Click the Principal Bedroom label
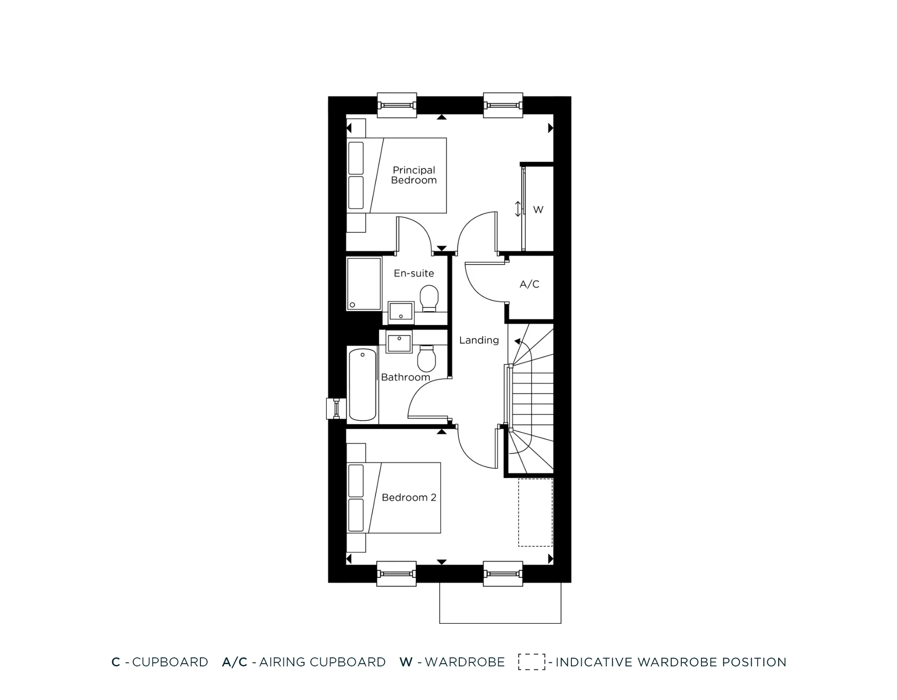(x=414, y=175)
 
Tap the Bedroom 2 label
(x=409, y=497)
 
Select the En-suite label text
(x=414, y=273)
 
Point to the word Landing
(x=479, y=340)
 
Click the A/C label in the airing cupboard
(x=529, y=284)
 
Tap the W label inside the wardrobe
(x=538, y=209)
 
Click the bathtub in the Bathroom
(x=362, y=385)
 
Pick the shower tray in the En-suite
(x=364, y=283)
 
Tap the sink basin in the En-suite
(x=401, y=311)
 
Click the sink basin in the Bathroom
(x=399, y=343)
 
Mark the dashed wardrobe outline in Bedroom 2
(x=535, y=512)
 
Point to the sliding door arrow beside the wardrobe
(x=518, y=209)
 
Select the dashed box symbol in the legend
(x=531, y=662)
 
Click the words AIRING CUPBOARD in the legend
(x=322, y=662)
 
